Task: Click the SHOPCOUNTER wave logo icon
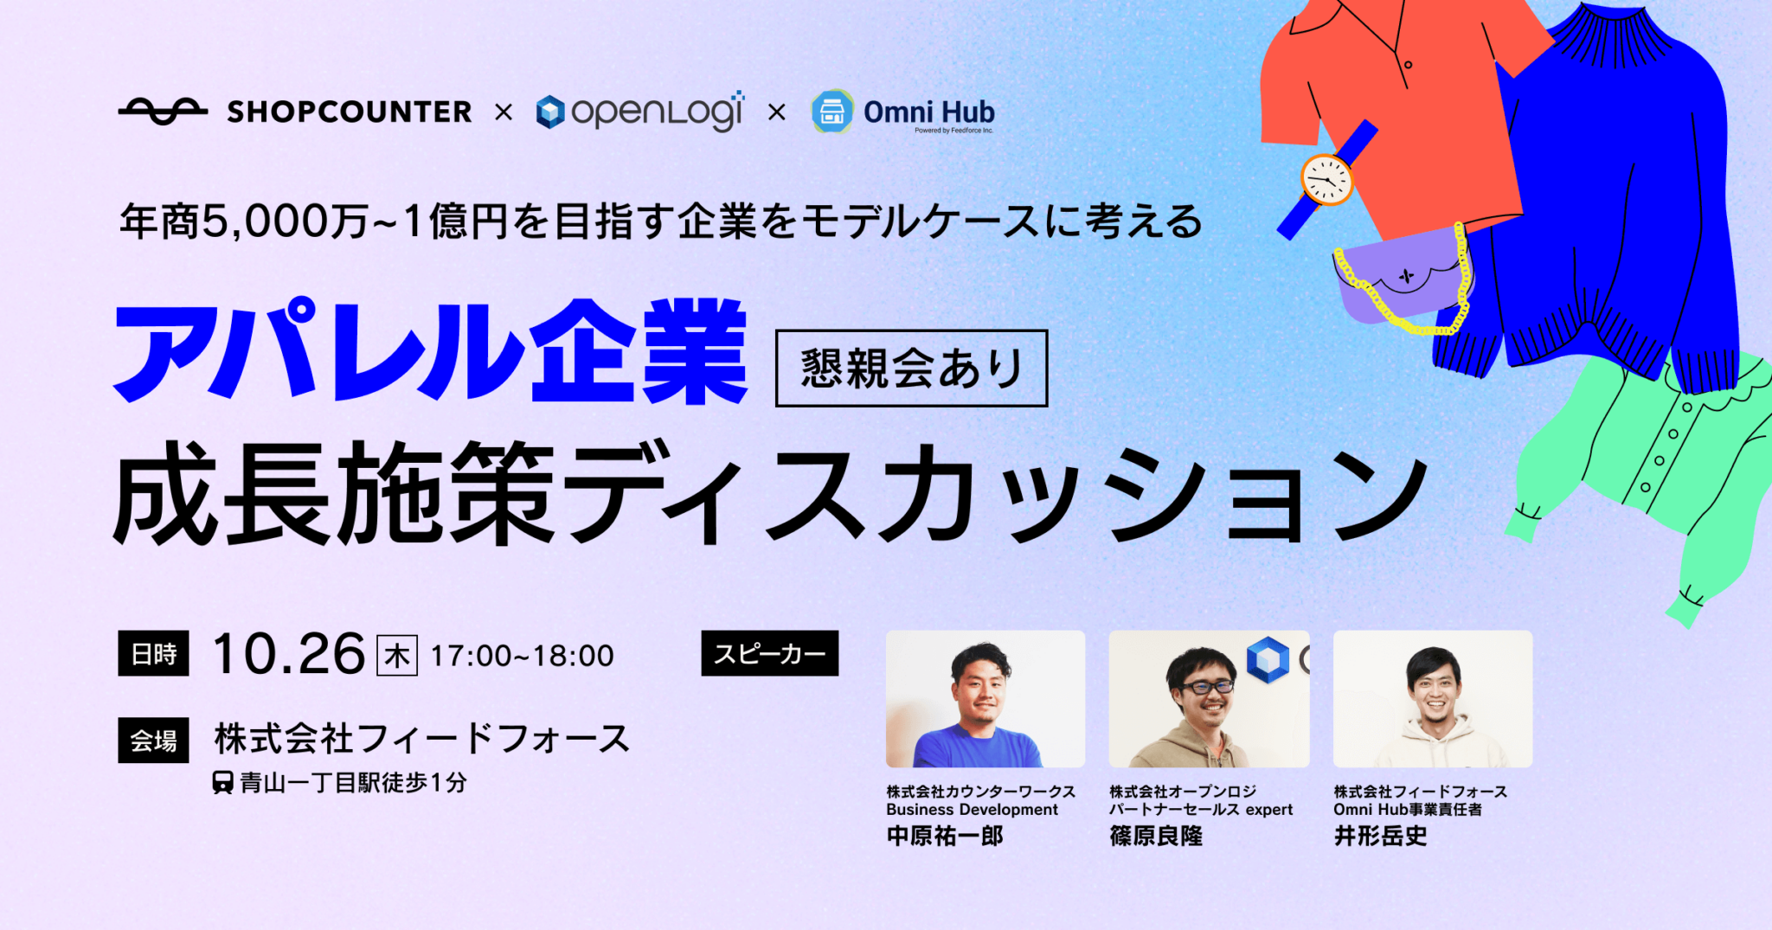163,112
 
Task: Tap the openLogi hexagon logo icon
550,112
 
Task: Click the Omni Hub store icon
832,112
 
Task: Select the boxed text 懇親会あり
911,369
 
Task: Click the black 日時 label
153,654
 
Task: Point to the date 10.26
289,654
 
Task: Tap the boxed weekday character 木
397,655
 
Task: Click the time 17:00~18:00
523,656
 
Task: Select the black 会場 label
153,741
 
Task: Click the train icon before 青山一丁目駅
222,783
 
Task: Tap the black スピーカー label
770,653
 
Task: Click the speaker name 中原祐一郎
945,836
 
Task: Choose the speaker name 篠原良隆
1156,836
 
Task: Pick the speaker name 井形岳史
1380,836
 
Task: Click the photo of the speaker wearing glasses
1209,699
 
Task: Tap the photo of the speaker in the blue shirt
986,699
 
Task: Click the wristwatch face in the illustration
1326,179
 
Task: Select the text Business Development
972,810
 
